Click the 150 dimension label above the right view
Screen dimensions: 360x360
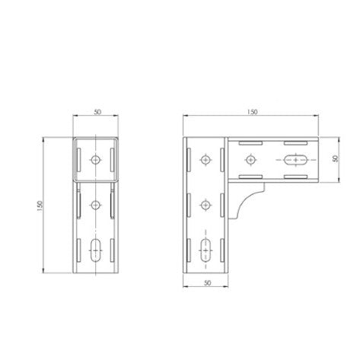(253, 112)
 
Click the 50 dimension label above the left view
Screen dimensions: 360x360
(97, 112)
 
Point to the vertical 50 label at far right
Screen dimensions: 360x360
(336, 160)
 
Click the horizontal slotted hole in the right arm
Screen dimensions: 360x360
(295, 161)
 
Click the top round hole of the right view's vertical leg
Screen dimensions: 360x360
(204, 161)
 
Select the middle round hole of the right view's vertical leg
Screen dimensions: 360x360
(204, 205)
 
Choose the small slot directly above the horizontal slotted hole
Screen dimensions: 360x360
(295, 143)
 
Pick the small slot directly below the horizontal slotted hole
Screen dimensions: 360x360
(295, 178)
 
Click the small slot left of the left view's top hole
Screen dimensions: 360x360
(78, 160)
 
